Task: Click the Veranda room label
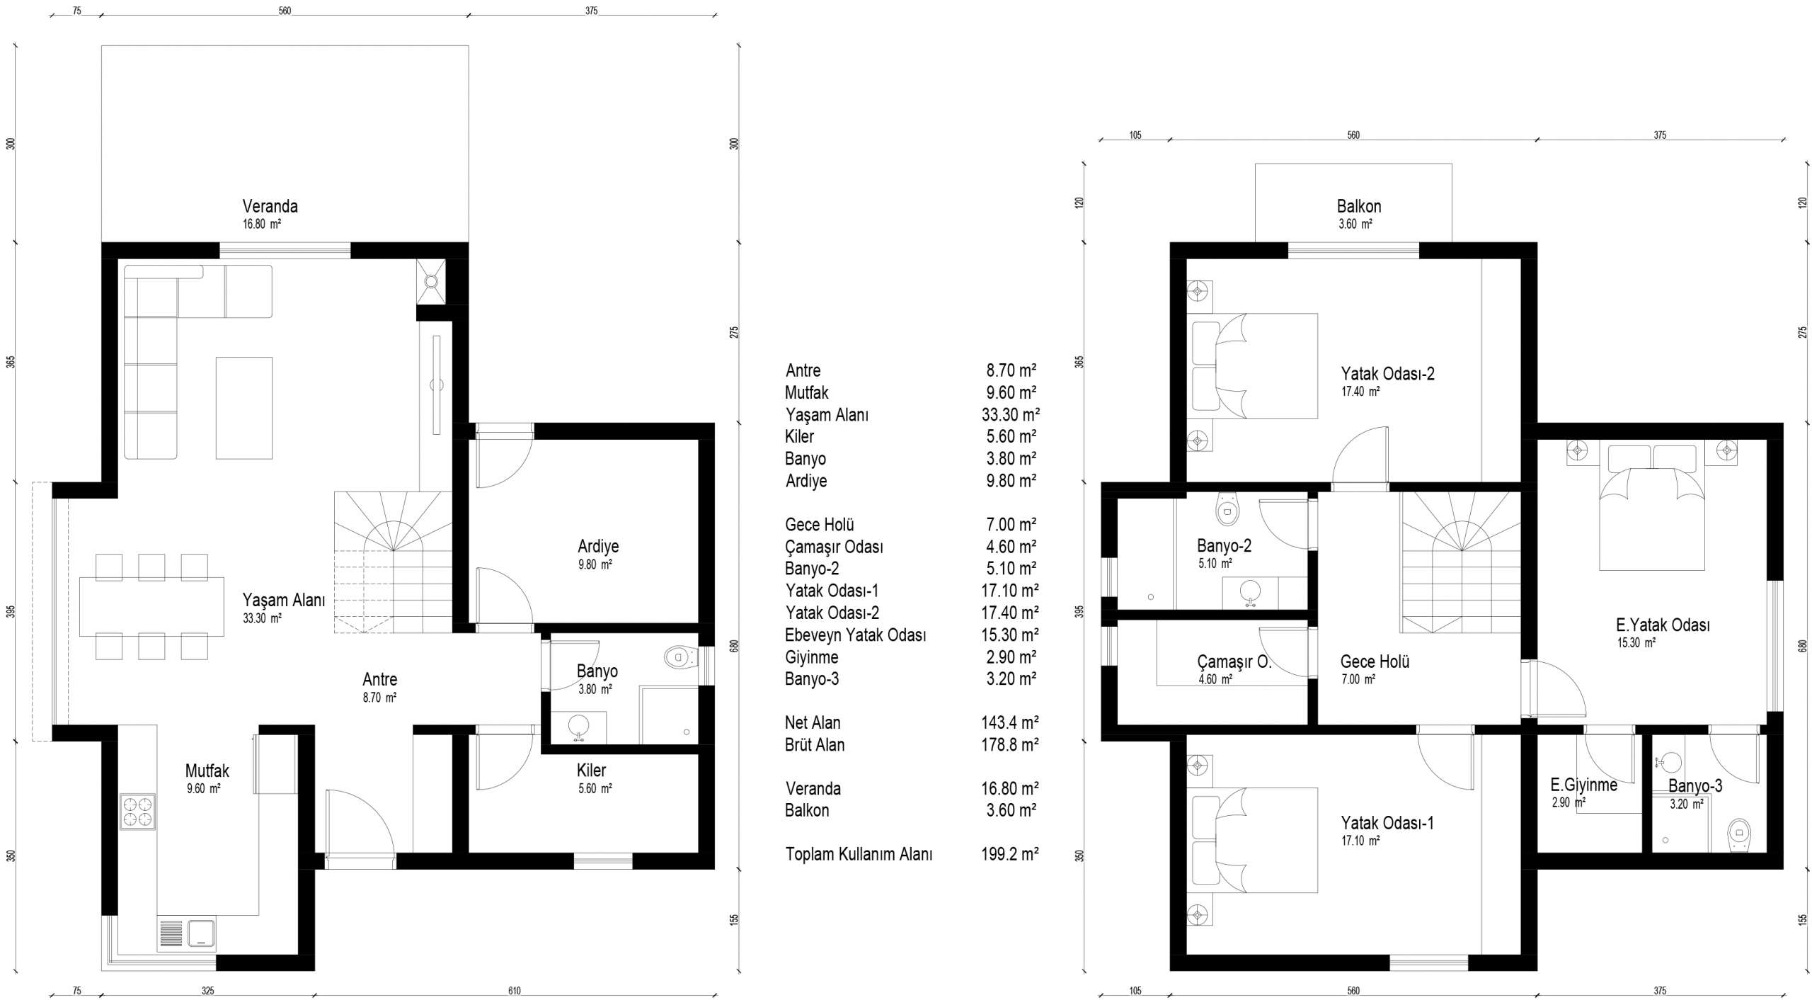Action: (270, 206)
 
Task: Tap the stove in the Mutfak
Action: (137, 812)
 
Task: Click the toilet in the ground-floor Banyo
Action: (681, 657)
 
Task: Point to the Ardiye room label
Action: (598, 546)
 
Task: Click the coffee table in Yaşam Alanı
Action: (244, 408)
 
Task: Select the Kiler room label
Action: (591, 770)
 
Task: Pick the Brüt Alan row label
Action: (815, 744)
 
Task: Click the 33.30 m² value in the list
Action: (1011, 414)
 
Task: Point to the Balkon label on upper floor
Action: (1359, 206)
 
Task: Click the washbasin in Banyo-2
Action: (1251, 592)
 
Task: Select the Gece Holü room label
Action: (1375, 661)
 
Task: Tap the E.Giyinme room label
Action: (1583, 785)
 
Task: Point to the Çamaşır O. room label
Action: (1234, 661)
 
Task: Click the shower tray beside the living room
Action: (431, 281)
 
